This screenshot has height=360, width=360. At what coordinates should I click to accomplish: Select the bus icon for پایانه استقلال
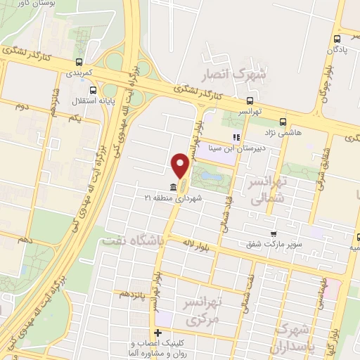94,90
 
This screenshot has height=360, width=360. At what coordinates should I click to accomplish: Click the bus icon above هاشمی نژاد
283,121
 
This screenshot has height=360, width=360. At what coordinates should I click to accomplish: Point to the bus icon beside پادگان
337,39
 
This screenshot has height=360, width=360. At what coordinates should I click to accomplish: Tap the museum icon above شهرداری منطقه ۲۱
174,188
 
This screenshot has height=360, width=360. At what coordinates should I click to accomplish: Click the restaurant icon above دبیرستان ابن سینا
237,138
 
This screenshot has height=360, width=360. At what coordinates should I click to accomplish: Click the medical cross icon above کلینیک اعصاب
157,333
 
